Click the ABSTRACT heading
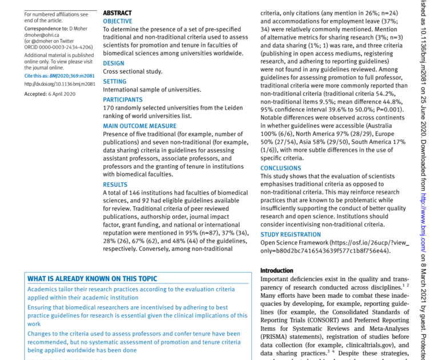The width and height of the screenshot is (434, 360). [x=117, y=13]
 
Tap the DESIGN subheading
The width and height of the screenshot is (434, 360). [x=113, y=63]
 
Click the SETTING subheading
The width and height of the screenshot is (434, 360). [x=115, y=81]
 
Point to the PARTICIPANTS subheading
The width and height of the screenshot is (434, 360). [x=122, y=99]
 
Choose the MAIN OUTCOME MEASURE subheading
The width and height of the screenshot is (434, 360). [x=139, y=126]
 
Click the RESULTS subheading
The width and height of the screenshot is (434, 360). [x=115, y=185]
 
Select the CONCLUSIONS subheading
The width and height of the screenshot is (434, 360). [x=280, y=168]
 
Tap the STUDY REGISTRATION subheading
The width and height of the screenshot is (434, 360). [x=291, y=234]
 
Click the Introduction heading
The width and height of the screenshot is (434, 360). [x=277, y=270]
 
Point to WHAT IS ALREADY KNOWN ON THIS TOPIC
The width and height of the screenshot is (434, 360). [x=92, y=279]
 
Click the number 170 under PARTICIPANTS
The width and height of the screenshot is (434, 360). [x=108, y=107]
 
